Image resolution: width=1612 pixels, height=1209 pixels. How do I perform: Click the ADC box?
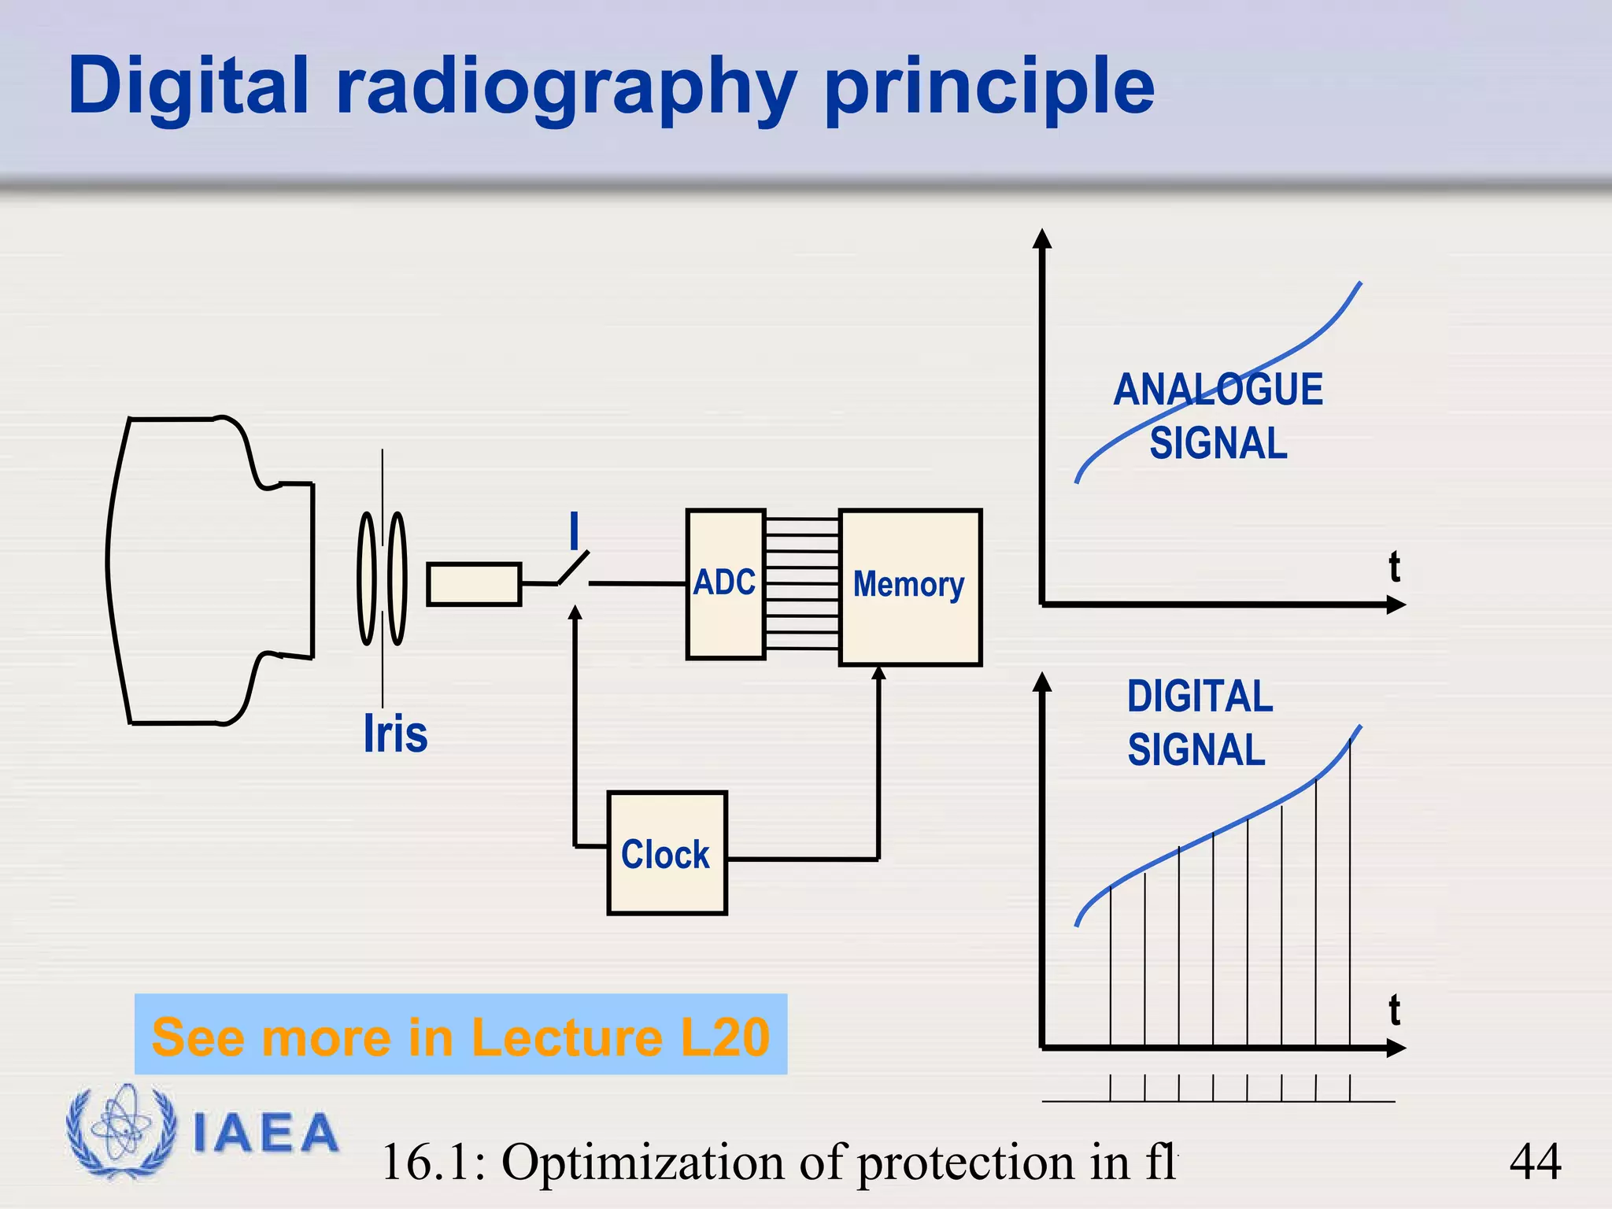click(x=725, y=583)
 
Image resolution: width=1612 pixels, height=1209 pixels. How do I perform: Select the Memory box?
click(x=909, y=586)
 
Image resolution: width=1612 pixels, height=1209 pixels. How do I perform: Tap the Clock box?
click(x=666, y=853)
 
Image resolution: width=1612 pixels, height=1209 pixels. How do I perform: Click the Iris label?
click(x=395, y=734)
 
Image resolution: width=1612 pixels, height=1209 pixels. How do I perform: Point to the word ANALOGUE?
click(x=1218, y=390)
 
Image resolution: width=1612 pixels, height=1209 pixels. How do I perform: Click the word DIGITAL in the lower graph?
click(x=1199, y=697)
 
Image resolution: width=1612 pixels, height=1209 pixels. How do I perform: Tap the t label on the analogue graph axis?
click(x=1394, y=567)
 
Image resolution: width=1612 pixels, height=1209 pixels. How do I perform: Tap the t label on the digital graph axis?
click(x=1394, y=1011)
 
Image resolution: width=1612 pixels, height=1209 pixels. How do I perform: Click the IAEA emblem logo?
click(x=120, y=1132)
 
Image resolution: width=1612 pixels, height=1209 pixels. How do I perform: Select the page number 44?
click(x=1535, y=1162)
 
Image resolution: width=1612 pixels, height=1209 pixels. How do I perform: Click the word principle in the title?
click(x=989, y=87)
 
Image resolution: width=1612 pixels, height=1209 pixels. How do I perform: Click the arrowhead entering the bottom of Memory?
click(x=879, y=672)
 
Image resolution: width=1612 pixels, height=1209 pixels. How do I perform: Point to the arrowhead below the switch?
click(x=575, y=612)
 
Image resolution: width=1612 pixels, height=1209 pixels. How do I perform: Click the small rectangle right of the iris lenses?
click(x=474, y=584)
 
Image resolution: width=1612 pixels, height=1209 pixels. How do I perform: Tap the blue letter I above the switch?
click(x=575, y=531)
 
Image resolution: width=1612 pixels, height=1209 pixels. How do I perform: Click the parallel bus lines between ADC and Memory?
click(x=802, y=583)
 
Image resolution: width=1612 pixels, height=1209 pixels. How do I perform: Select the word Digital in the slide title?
click(x=189, y=87)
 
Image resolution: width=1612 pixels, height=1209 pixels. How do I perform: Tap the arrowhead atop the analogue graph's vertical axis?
click(x=1042, y=238)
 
